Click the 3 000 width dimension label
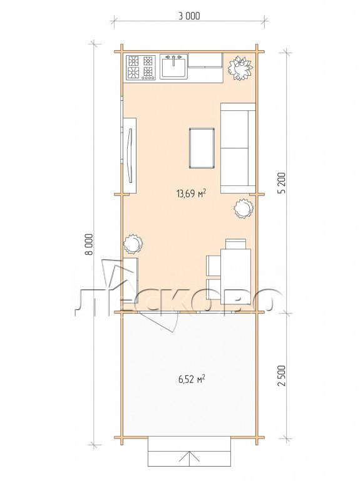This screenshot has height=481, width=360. [x=189, y=16]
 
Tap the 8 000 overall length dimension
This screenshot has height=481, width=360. [x=89, y=244]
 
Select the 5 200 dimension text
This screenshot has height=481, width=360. [x=282, y=182]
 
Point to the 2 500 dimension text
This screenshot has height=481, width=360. [x=282, y=376]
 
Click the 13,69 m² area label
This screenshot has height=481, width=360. [x=191, y=194]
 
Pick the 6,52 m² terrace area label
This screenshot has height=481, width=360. [x=192, y=379]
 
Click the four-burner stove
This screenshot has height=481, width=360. [x=141, y=67]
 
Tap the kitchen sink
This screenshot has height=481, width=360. [x=173, y=66]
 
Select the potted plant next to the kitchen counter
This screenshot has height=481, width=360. [x=240, y=68]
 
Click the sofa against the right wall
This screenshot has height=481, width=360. [x=238, y=148]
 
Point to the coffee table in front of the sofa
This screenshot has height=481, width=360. [x=202, y=148]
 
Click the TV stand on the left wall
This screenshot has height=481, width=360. [x=130, y=155]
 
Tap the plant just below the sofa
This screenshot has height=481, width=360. [x=244, y=209]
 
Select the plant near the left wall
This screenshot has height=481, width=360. [x=133, y=244]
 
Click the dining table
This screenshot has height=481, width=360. [x=235, y=276]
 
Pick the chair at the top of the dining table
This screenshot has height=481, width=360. [x=235, y=244]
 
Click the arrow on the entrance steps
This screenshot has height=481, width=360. [x=189, y=458]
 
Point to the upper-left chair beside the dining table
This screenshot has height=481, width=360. [x=213, y=266]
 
